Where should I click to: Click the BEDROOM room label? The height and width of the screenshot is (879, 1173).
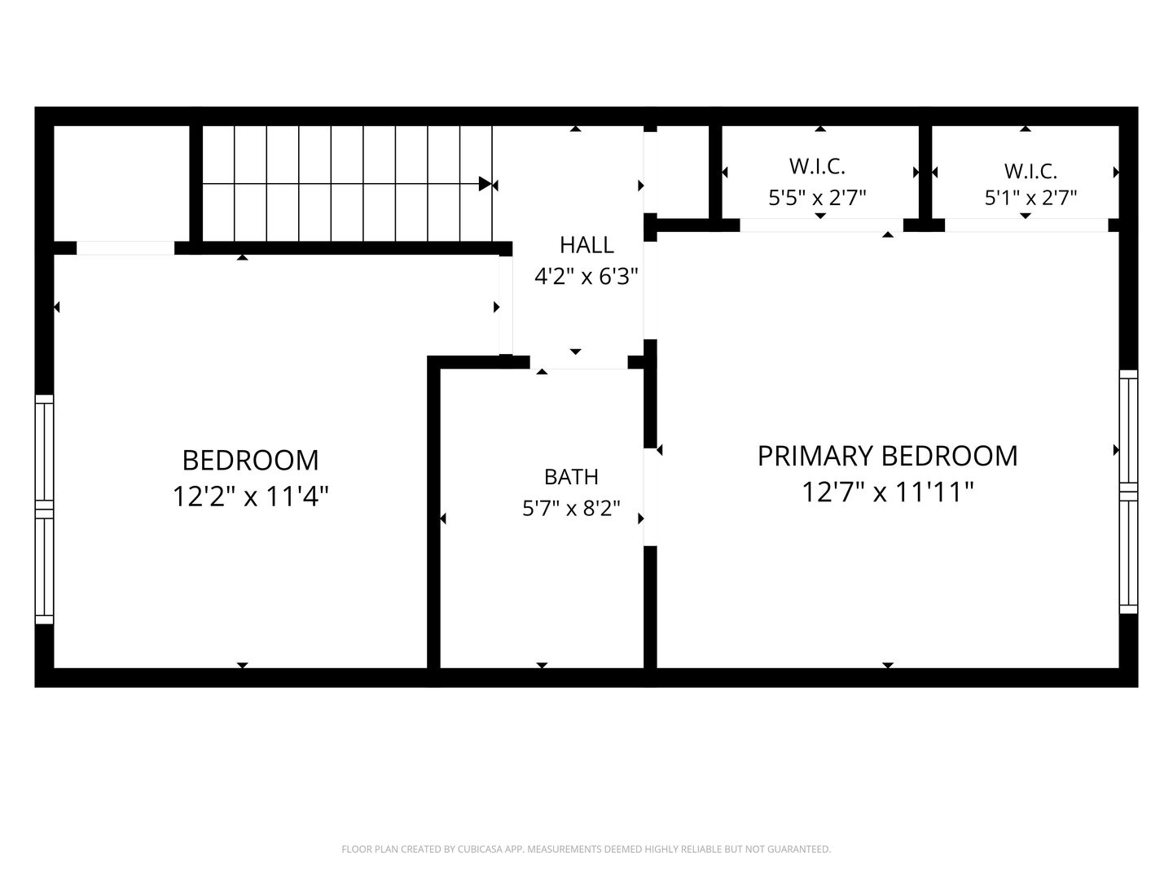[250, 461]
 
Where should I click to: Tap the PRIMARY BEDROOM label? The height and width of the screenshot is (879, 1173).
[888, 457]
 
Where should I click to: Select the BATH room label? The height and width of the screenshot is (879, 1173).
[571, 477]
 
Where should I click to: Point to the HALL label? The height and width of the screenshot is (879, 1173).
[586, 245]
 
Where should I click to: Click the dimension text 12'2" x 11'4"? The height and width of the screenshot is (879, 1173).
[250, 496]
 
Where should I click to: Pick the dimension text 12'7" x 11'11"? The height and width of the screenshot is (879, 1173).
[888, 492]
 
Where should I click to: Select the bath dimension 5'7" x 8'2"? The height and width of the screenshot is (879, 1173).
[571, 509]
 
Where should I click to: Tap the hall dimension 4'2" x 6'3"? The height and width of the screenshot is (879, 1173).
[586, 277]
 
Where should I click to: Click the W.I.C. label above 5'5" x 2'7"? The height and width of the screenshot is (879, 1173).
[817, 167]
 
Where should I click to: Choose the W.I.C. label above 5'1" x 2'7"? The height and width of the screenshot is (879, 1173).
[1030, 171]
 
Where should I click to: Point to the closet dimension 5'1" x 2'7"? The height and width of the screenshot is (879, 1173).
[1030, 198]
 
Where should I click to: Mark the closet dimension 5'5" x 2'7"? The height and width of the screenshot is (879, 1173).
[817, 198]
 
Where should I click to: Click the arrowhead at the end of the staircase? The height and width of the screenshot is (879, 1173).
[485, 184]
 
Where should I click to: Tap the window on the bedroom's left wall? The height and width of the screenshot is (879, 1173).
[44, 509]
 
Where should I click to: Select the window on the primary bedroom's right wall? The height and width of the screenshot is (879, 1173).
[1129, 492]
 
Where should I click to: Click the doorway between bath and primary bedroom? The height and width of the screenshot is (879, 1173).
[650, 496]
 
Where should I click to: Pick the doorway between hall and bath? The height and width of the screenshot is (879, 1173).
[578, 362]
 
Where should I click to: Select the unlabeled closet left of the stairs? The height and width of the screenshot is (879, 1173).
[122, 184]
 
